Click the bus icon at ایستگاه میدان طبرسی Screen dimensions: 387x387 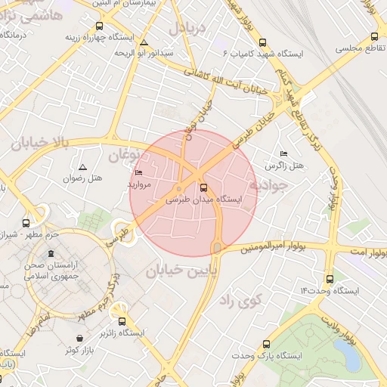pos(203,187)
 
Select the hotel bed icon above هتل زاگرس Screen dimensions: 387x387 pos(283,153)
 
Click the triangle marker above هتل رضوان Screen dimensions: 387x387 pos(82,166)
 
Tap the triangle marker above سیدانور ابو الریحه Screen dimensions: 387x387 pos(144,42)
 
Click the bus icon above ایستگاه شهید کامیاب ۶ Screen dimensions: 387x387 pos(262,42)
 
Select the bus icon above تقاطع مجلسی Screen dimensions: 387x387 pos(373,36)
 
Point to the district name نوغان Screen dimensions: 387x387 pos(124,156)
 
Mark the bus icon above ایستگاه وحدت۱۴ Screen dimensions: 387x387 pos(329,278)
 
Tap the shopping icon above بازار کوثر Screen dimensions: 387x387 pos(81,339)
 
